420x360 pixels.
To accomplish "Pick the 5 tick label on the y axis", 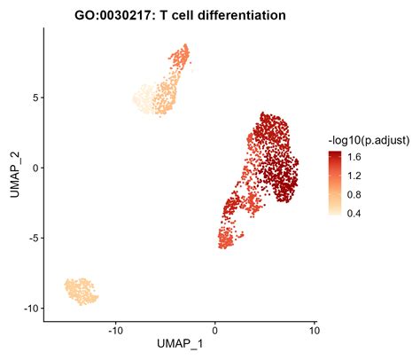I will tap(32, 98).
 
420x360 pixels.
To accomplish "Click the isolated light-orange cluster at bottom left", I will tap(81, 291).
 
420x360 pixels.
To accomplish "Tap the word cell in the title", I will tap(187, 14).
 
